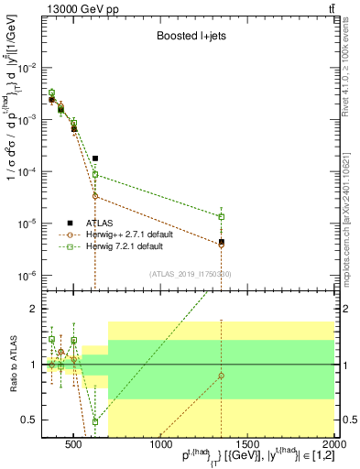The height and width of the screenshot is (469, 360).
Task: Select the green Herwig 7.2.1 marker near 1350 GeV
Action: coord(222,217)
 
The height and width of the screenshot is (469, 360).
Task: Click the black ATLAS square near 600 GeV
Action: coord(95,158)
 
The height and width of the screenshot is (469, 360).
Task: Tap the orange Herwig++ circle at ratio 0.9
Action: coord(222,376)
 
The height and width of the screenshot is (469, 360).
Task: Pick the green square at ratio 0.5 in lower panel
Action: coord(95,421)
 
